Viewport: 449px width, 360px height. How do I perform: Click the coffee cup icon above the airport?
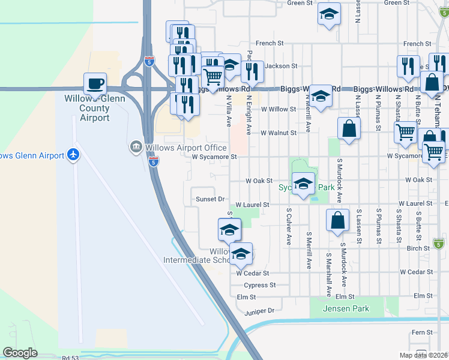point(94,83)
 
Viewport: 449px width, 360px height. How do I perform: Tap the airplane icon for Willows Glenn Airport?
point(74,155)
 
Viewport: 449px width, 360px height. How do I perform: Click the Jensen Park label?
point(346,308)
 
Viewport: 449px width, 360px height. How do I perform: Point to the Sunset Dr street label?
point(210,199)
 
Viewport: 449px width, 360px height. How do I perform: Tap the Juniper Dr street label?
point(259,311)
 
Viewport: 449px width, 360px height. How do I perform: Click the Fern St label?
point(422,332)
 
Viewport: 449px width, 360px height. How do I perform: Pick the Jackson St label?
point(282,65)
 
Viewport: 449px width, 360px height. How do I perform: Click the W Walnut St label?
point(279,133)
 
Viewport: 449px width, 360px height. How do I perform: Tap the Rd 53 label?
point(70,357)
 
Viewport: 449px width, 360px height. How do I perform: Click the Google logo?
point(20,353)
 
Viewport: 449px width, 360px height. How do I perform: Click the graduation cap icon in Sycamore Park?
point(303,182)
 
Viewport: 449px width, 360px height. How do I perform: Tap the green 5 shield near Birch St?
point(439,244)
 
